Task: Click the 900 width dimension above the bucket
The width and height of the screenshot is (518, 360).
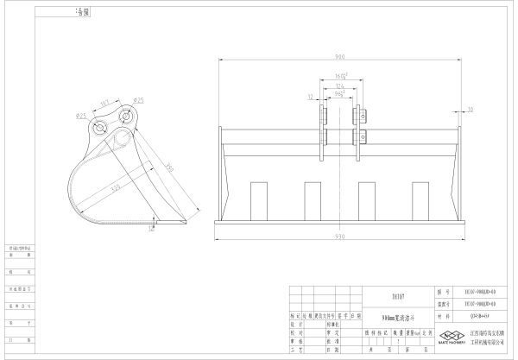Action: [338, 57]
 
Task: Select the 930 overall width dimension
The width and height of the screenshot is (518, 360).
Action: [338, 236]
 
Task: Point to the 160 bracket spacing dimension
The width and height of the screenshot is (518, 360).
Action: [340, 76]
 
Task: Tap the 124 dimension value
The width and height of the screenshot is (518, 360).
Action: [340, 87]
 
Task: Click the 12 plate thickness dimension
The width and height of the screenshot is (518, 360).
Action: [310, 98]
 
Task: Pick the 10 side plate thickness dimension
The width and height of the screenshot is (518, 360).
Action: [470, 110]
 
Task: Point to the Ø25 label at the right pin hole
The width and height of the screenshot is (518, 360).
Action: [139, 102]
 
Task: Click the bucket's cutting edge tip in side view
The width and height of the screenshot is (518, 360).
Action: [185, 222]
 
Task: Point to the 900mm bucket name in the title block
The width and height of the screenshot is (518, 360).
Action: [398, 317]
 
